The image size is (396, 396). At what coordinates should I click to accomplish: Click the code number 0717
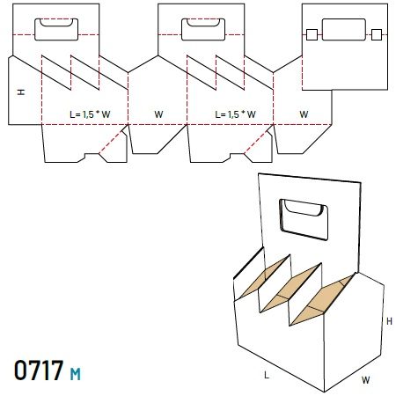pos(39,370)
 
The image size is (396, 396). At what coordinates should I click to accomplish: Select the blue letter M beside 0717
pos(76,374)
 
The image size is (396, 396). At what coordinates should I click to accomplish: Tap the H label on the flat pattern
pos(21,92)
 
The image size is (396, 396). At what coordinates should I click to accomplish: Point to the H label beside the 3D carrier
pos(389,321)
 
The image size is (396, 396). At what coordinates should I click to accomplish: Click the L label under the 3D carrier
pos(267,375)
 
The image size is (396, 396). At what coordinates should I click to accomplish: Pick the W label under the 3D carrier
pos(366,380)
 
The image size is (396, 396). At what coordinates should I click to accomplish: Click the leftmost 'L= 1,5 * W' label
pos(90,114)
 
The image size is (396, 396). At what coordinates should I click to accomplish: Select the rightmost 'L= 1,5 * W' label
pos(235,114)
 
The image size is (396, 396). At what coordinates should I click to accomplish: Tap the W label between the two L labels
pos(158,114)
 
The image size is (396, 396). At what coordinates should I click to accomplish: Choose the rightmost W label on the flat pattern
pos(304,114)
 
